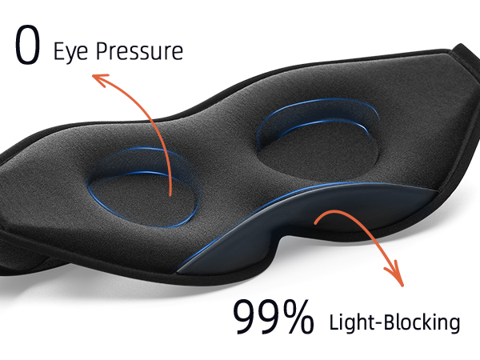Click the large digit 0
pyautogui.click(x=27, y=45)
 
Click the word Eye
pyautogui.click(x=71, y=52)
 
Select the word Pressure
pyautogui.click(x=139, y=51)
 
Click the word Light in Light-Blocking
pyautogui.click(x=351, y=322)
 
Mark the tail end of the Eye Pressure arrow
pyautogui.click(x=170, y=195)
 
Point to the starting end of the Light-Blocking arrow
pyautogui.click(x=315, y=223)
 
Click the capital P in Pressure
pyautogui.click(x=103, y=51)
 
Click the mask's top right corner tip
pyautogui.click(x=459, y=45)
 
